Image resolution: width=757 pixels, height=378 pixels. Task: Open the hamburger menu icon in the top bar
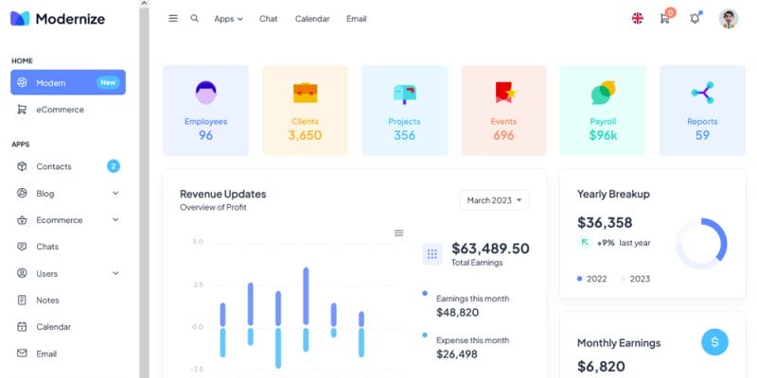coord(173,18)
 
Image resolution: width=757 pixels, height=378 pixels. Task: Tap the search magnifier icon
coord(195,18)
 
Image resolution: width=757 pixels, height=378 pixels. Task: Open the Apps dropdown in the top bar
coord(228,19)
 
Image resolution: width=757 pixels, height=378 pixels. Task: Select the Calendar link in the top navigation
coord(311,19)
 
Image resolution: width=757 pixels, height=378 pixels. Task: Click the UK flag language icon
coord(638,18)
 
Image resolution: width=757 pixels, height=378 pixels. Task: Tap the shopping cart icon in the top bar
coord(665,18)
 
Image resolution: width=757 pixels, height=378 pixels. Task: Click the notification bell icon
coord(695,18)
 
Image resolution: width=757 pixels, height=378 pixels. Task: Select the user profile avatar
coord(729,19)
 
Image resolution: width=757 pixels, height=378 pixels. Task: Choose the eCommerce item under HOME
coord(61,110)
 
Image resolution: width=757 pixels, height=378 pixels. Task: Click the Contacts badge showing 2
coord(114,166)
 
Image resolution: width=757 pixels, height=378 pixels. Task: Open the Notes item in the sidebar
coord(47,301)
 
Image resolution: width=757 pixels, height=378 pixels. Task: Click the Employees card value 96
coord(205,135)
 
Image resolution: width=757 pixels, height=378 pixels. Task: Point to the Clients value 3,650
coord(305,135)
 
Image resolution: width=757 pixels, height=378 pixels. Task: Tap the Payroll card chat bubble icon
coord(603,93)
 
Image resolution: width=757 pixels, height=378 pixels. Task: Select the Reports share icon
coord(702,93)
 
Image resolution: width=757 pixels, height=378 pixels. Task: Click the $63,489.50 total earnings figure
coord(490,249)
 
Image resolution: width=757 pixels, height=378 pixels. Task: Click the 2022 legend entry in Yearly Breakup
coord(592,279)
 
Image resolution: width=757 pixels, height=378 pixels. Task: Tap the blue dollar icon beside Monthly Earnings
coord(714,342)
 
